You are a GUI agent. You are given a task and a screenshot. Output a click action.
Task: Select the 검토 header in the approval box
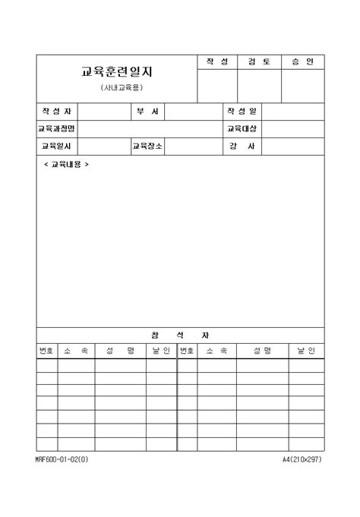pos(259,61)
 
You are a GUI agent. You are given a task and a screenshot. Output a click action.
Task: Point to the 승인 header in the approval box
pos(302,61)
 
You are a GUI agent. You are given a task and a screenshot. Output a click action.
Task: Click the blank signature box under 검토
pos(259,85)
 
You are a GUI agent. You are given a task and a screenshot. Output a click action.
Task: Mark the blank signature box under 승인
pos(302,85)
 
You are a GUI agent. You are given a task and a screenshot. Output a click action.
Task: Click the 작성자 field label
pos(56,112)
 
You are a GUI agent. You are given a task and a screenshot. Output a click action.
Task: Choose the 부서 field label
pos(147,112)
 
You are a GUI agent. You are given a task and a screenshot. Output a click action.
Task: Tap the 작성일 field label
pos(242,112)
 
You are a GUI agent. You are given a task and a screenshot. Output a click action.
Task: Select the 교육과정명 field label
pos(56,129)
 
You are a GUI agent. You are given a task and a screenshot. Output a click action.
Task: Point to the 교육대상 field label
pos(242,129)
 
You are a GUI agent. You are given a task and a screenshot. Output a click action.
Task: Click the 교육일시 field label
pos(56,147)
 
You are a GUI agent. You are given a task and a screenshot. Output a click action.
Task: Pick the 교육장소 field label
pos(147,147)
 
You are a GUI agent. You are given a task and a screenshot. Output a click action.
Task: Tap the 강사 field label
pos(242,147)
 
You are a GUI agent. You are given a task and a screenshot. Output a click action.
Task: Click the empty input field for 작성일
pos(293,112)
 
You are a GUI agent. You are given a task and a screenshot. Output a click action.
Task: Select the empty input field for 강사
pos(293,147)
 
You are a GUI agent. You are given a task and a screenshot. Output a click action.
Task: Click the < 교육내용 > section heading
pos(66,164)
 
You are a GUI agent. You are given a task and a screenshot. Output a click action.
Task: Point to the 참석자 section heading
pos(180,335)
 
